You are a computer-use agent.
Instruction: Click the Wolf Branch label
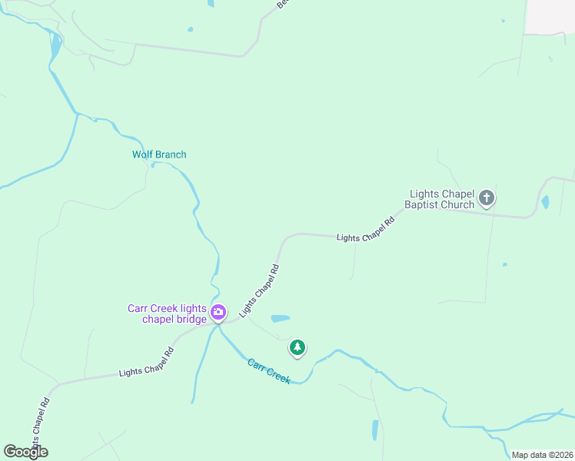coord(159,154)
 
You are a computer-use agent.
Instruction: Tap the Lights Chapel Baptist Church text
coord(442,200)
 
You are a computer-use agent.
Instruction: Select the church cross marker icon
coord(486,199)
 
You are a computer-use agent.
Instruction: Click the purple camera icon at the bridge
coord(218,312)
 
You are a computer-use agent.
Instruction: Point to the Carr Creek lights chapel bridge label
coord(167,314)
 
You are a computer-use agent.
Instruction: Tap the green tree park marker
coord(297,347)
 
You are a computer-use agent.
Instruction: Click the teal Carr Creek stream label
coord(269,371)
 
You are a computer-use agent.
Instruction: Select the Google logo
coord(25,452)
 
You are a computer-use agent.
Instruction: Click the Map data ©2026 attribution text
coord(542,455)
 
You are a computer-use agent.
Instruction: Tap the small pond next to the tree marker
coord(280,318)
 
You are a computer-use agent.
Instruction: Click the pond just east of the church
coord(545,203)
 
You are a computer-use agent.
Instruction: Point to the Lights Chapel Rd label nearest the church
coord(365,228)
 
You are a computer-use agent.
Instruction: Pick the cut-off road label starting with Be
coord(282,4)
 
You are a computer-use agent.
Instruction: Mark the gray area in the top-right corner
coord(550,15)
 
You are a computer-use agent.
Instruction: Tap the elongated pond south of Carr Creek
coord(375,429)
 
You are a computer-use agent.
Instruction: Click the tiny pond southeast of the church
coord(504,265)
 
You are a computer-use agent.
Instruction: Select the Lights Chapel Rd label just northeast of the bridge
coord(259,290)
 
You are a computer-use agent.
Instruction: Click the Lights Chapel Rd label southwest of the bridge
coord(151,361)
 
